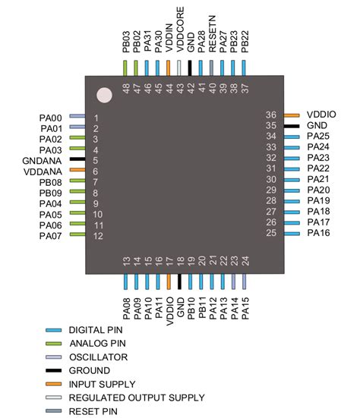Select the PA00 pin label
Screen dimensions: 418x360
coord(52,118)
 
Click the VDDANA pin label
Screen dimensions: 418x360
coord(47,171)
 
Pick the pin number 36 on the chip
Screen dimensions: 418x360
coord(270,115)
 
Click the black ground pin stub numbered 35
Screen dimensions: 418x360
coord(293,125)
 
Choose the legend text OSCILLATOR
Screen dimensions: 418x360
coord(97,357)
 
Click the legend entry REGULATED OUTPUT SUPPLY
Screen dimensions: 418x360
coord(135,398)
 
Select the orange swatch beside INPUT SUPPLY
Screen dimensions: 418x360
coord(54,384)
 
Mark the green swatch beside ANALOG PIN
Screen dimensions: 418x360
coord(54,343)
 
